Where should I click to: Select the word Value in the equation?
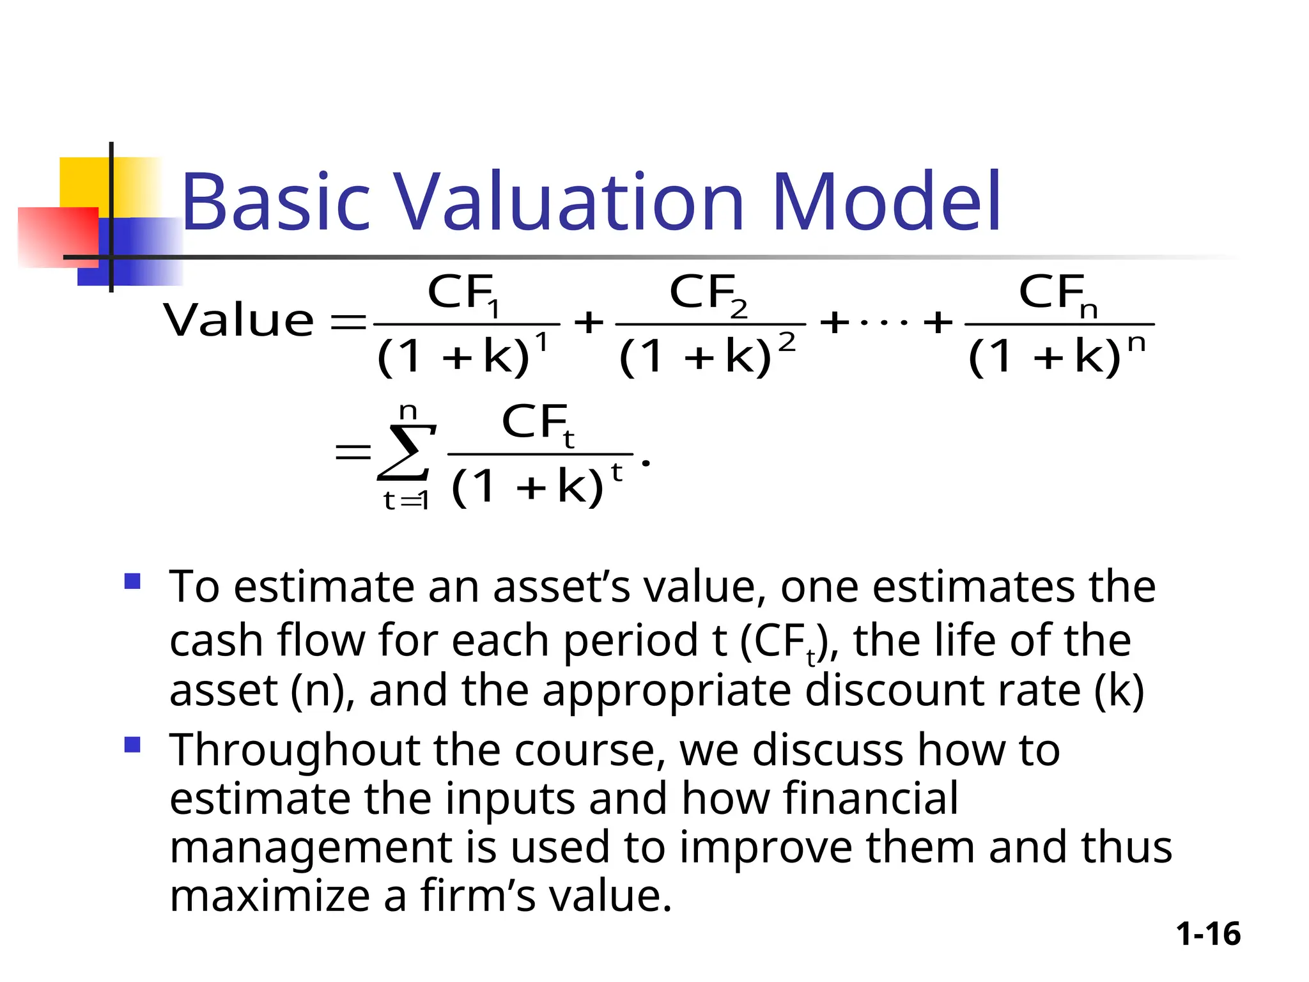point(238,320)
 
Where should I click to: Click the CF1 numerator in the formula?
point(463,294)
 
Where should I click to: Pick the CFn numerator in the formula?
point(1058,294)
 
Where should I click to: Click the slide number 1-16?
point(1208,934)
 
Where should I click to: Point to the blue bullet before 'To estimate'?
point(132,581)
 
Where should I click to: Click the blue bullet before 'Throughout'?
point(132,745)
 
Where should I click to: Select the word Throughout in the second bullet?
point(295,751)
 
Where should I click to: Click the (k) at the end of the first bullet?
point(1119,691)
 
